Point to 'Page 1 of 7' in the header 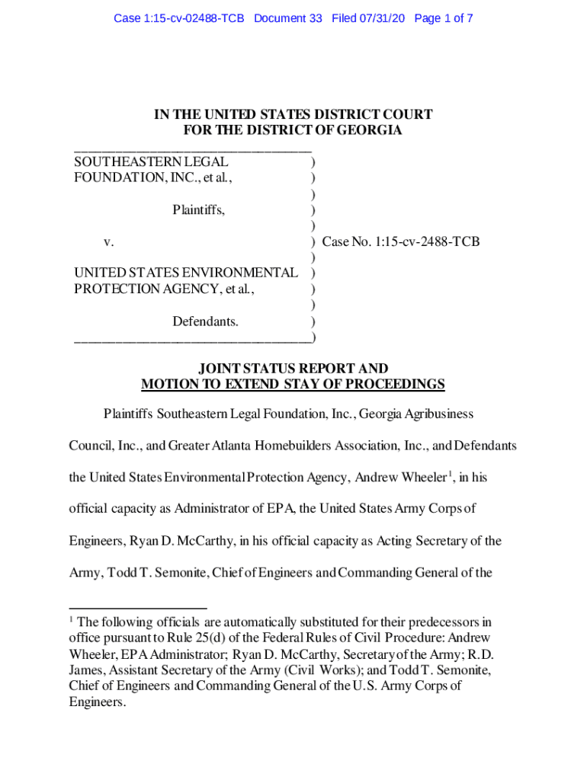click(x=444, y=18)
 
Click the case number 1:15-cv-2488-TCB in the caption click(x=401, y=242)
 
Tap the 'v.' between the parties click(x=109, y=242)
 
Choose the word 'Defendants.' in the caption click(x=205, y=321)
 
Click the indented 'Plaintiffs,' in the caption click(x=198, y=209)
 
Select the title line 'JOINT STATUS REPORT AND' click(x=293, y=369)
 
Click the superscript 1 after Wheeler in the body click(x=449, y=474)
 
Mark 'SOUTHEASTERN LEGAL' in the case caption click(x=151, y=161)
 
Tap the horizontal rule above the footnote click(x=127, y=609)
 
